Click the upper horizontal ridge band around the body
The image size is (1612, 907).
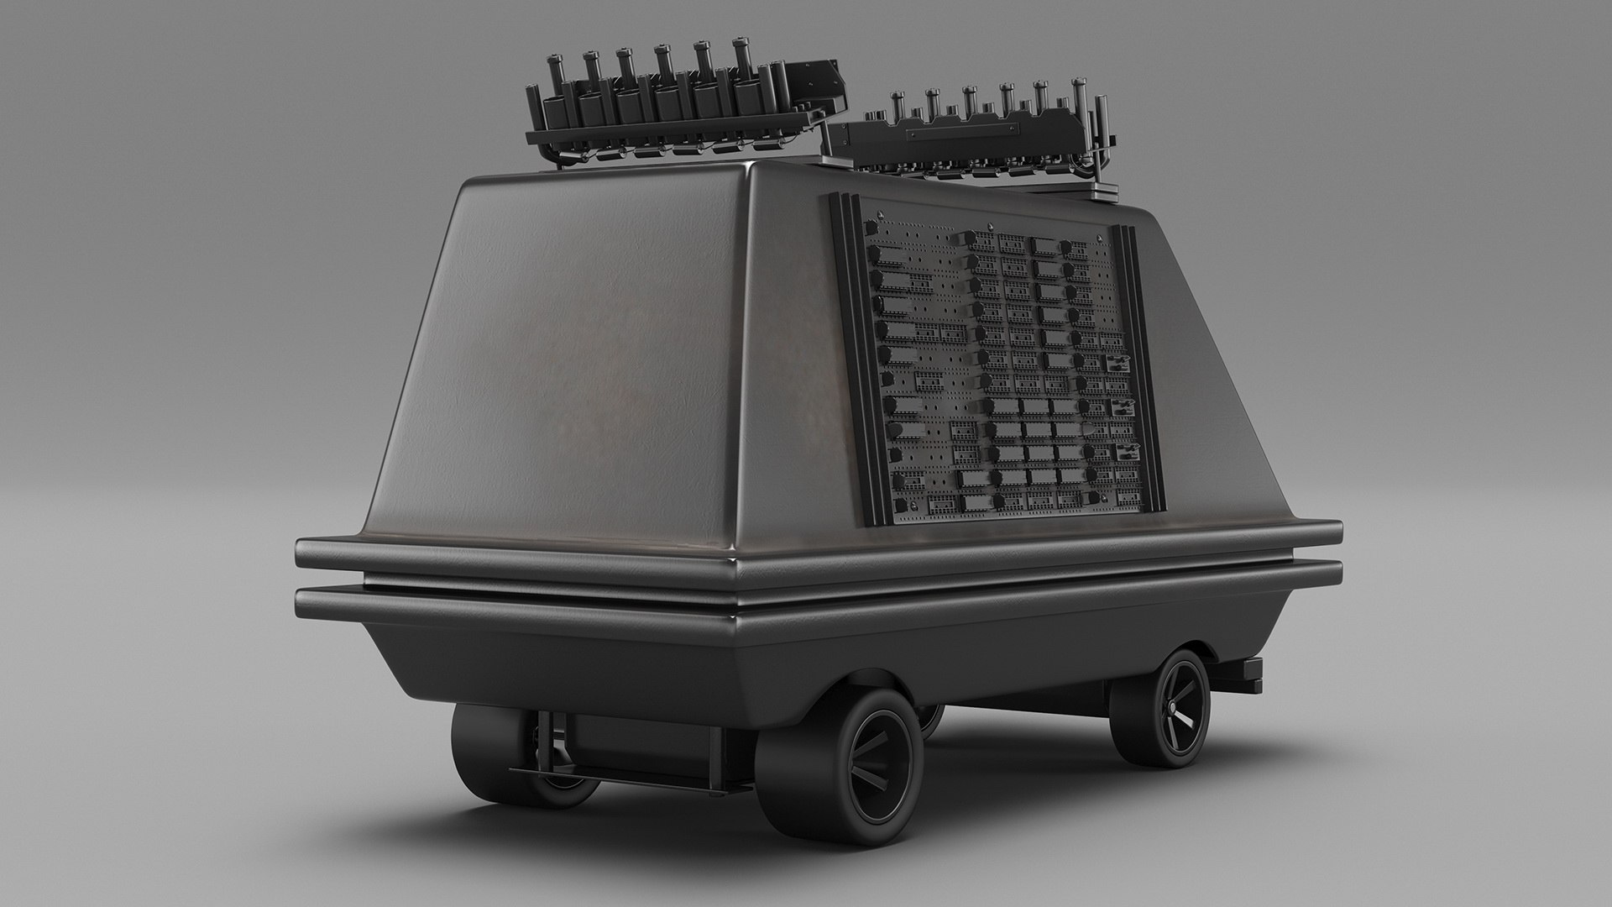tap(756, 553)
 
